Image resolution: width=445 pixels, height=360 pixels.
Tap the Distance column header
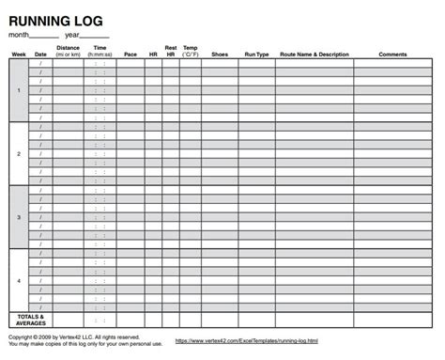click(x=68, y=50)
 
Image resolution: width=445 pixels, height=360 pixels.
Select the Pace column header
click(x=131, y=54)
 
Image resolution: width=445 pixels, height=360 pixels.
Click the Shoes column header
click(x=220, y=54)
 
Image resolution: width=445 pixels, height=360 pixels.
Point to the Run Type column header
click(x=256, y=54)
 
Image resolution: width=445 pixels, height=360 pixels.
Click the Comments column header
click(x=392, y=54)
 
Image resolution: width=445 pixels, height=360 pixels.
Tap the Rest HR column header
click(x=171, y=50)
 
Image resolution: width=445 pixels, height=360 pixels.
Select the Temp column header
click(x=191, y=50)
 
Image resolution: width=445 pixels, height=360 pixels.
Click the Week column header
click(x=19, y=54)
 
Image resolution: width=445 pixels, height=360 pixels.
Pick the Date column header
click(x=40, y=54)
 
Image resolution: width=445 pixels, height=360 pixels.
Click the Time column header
click(x=100, y=50)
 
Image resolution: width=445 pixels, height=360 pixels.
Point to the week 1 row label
click(x=19, y=90)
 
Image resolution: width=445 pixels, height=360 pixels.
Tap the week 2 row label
click(x=19, y=153)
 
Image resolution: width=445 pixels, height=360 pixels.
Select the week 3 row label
click(x=19, y=216)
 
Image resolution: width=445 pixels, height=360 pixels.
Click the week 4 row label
click(x=19, y=279)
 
